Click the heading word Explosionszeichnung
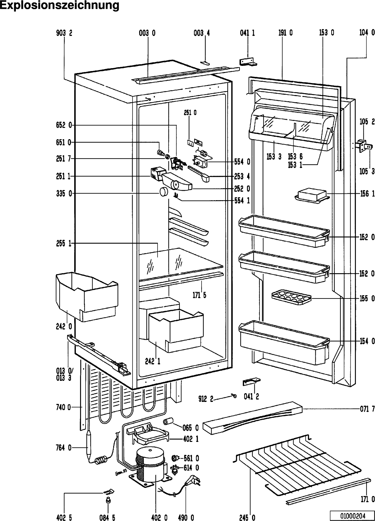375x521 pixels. [60, 6]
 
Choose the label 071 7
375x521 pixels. [367, 409]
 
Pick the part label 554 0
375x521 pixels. [242, 161]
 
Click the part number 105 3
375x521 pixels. [367, 171]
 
